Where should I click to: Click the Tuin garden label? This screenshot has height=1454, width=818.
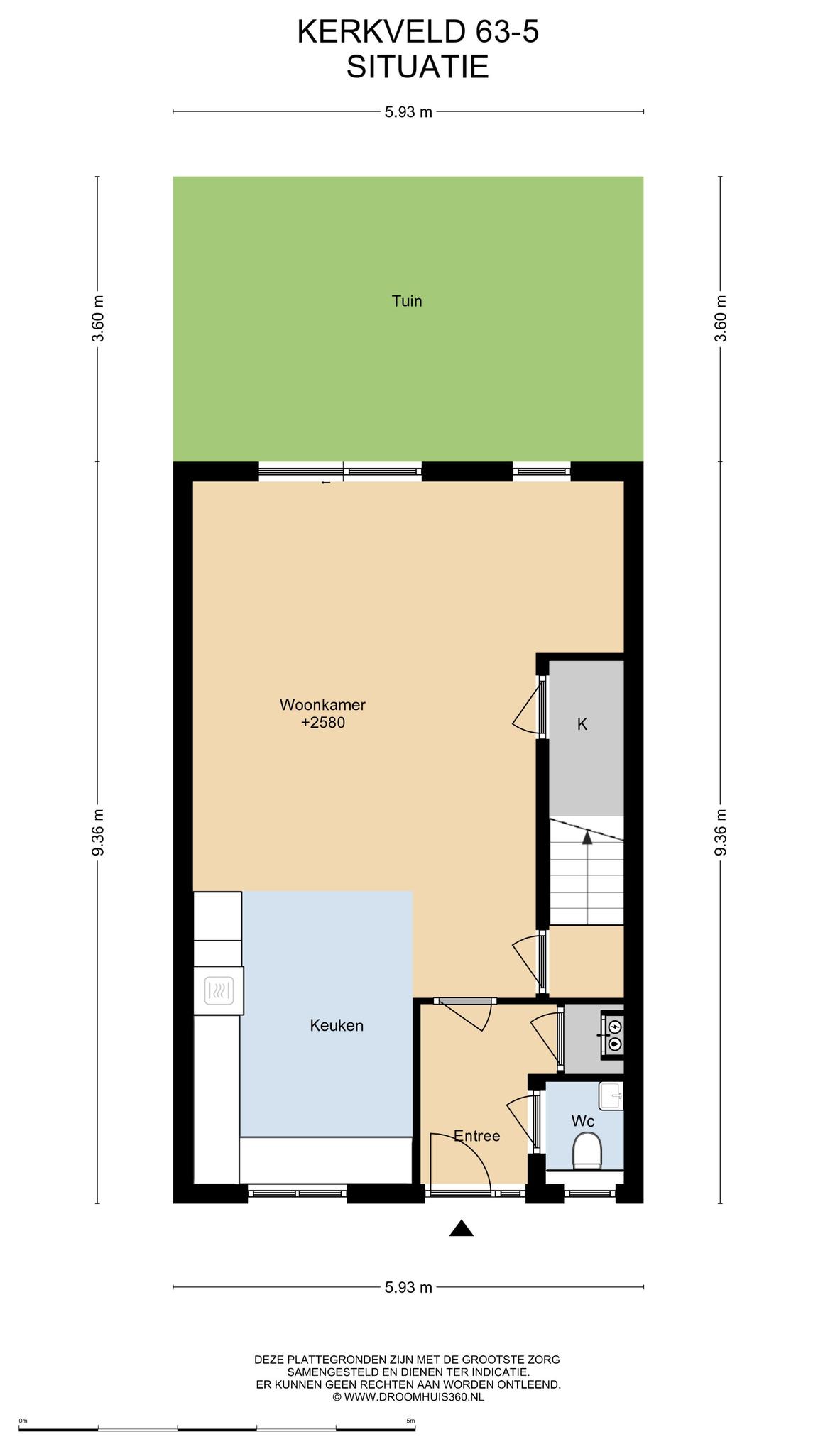pyautogui.click(x=407, y=301)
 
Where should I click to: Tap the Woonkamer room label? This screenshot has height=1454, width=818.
pyautogui.click(x=322, y=705)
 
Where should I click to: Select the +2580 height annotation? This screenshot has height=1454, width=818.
pyautogui.click(x=323, y=723)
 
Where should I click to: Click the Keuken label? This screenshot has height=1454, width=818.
pyautogui.click(x=337, y=1025)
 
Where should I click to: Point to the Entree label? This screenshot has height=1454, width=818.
pyautogui.click(x=477, y=1136)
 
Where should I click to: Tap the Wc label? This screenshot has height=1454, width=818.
pyautogui.click(x=583, y=1121)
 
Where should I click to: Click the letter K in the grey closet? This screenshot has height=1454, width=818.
pyautogui.click(x=582, y=724)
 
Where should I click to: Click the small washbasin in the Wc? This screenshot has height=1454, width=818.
pyautogui.click(x=611, y=1095)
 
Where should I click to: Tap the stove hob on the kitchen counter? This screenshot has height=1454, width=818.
pyautogui.click(x=219, y=990)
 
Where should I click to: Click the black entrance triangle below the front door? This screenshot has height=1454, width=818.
pyautogui.click(x=462, y=1228)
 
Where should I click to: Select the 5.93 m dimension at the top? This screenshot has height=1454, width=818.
pyautogui.click(x=408, y=111)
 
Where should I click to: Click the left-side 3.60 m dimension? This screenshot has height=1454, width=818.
pyautogui.click(x=98, y=318)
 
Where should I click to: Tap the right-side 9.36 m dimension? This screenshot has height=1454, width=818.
pyautogui.click(x=721, y=832)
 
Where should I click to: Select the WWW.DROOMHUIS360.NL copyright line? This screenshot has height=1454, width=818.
pyautogui.click(x=408, y=1396)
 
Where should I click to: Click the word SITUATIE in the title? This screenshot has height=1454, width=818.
pyautogui.click(x=418, y=67)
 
